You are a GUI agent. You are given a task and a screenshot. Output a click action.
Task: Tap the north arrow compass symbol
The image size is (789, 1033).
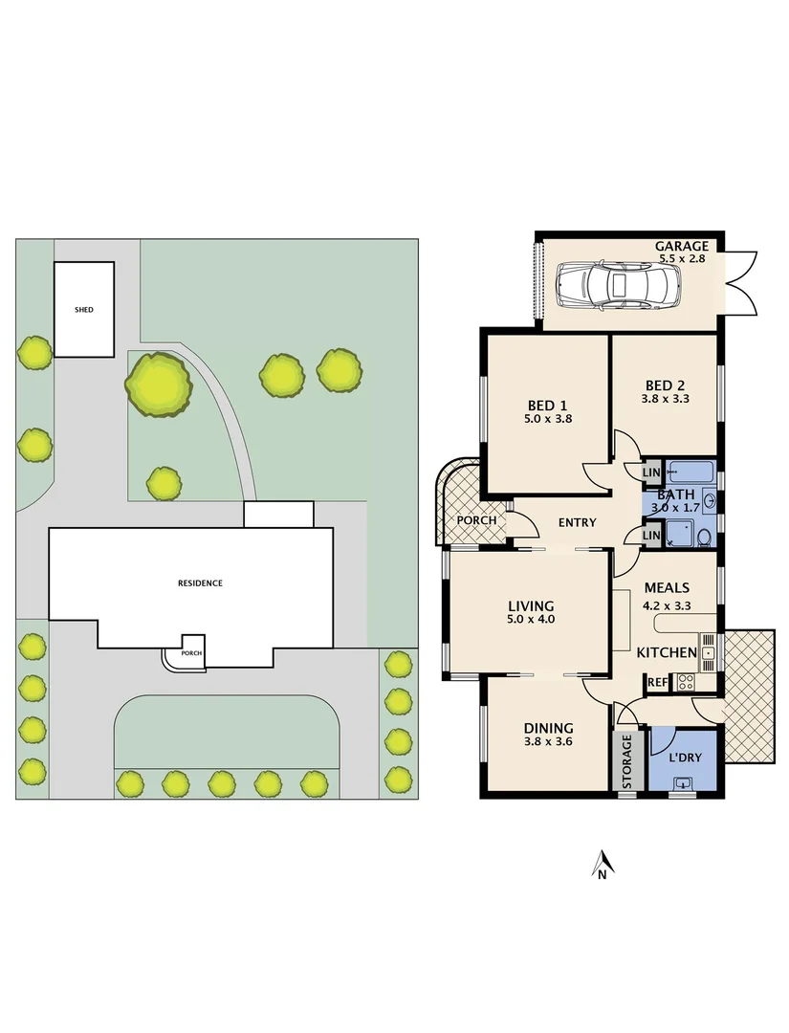[602, 864]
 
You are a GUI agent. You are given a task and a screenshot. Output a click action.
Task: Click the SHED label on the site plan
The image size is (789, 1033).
[84, 310]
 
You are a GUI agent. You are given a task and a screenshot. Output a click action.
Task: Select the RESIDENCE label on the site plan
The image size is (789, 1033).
[200, 582]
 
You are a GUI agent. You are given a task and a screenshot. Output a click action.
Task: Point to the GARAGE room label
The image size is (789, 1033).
[682, 247]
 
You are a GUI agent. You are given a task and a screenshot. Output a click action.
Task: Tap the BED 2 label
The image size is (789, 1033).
[664, 386]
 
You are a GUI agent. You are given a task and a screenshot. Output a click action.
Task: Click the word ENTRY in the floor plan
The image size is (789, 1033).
[577, 522]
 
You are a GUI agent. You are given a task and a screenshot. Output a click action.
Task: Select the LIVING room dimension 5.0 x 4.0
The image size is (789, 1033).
[531, 620]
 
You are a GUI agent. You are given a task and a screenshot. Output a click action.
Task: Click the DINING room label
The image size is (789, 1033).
[548, 728]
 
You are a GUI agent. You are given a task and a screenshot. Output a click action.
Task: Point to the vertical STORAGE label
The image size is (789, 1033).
[627, 761]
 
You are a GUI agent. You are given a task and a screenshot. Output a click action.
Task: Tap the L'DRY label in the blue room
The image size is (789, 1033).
[684, 758]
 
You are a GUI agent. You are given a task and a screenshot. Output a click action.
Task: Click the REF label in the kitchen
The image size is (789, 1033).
[657, 682]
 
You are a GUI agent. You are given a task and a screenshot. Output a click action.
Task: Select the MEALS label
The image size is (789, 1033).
[667, 588]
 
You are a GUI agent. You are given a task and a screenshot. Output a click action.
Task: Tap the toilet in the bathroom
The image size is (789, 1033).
[704, 537]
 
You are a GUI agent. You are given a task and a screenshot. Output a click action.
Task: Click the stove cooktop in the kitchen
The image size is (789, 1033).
[686, 682]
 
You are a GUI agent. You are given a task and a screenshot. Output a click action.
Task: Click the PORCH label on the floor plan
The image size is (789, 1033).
[476, 521]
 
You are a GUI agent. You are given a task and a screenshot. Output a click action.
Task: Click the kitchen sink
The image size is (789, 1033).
[708, 653]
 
